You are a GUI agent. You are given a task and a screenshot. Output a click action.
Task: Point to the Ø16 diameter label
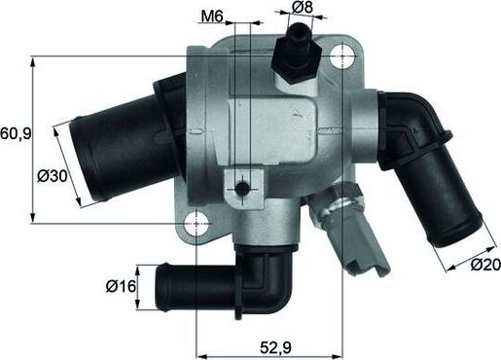click(x=121, y=287)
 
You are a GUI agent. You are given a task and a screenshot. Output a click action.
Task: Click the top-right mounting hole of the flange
click(x=341, y=57)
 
